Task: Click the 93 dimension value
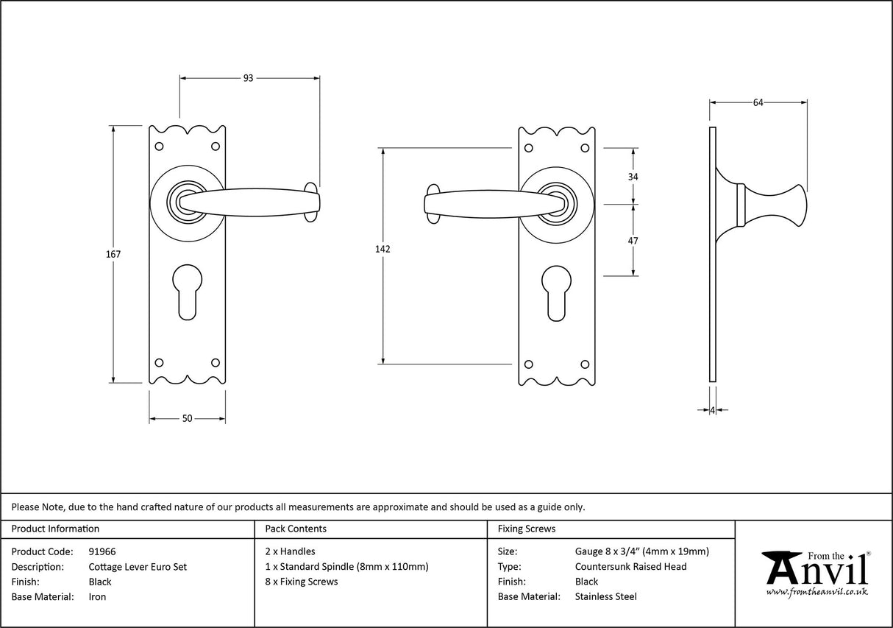249,78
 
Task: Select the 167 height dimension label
113,254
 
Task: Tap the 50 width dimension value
187,419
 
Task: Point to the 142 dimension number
383,249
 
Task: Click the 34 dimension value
633,177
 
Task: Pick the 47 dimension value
633,241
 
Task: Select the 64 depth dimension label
758,103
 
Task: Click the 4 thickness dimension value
713,410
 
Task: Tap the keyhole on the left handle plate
187,292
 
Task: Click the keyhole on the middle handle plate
557,292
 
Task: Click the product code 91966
102,551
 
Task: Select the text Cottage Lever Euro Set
138,567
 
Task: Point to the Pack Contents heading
295,529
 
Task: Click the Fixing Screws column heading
527,529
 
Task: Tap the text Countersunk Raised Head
630,567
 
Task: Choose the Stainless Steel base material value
605,597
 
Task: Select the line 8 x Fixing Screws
301,582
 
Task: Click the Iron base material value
97,597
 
